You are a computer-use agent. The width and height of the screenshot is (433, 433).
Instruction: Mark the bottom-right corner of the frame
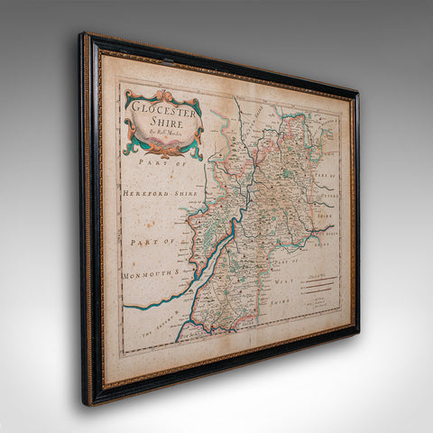point(357,332)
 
